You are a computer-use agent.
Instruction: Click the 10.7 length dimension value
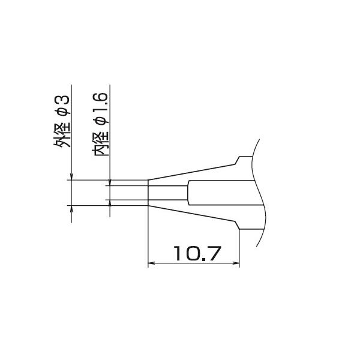[x=194, y=253]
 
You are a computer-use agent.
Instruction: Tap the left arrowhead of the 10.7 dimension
[x=151, y=263]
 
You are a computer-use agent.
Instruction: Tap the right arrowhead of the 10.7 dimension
[x=236, y=263]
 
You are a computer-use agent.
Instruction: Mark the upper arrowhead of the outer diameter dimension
[x=71, y=176]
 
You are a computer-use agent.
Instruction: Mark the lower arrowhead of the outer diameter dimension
[x=71, y=209]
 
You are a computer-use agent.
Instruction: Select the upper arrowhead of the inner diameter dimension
[x=110, y=182]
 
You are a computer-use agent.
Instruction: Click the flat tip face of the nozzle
[x=148, y=193]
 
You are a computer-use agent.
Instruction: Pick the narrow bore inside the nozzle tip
[x=168, y=193]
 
